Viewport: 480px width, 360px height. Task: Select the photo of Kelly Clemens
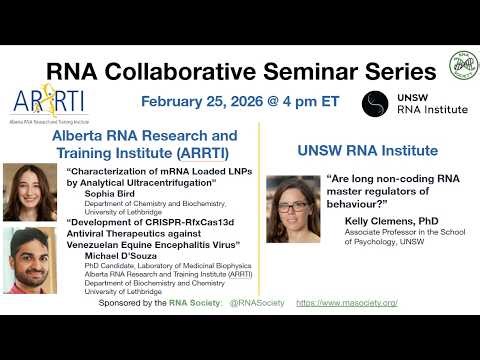point(293,209)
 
